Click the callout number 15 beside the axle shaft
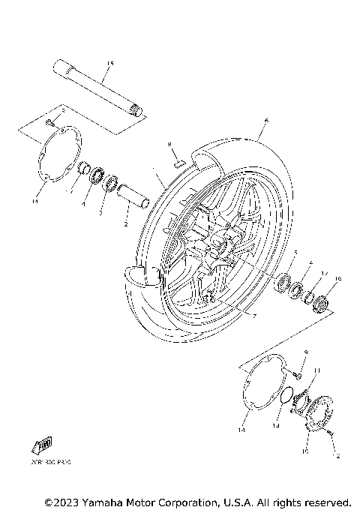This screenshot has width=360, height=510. pyautogui.click(x=109, y=63)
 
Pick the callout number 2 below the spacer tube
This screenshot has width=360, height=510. pyautogui.click(x=126, y=223)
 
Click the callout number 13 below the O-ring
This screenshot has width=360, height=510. pyautogui.click(x=275, y=425)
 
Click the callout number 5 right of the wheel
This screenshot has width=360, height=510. pyautogui.click(x=295, y=252)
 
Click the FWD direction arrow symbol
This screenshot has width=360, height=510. pyautogui.click(x=44, y=444)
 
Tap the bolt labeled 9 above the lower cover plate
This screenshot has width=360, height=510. pyautogui.click(x=298, y=368)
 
